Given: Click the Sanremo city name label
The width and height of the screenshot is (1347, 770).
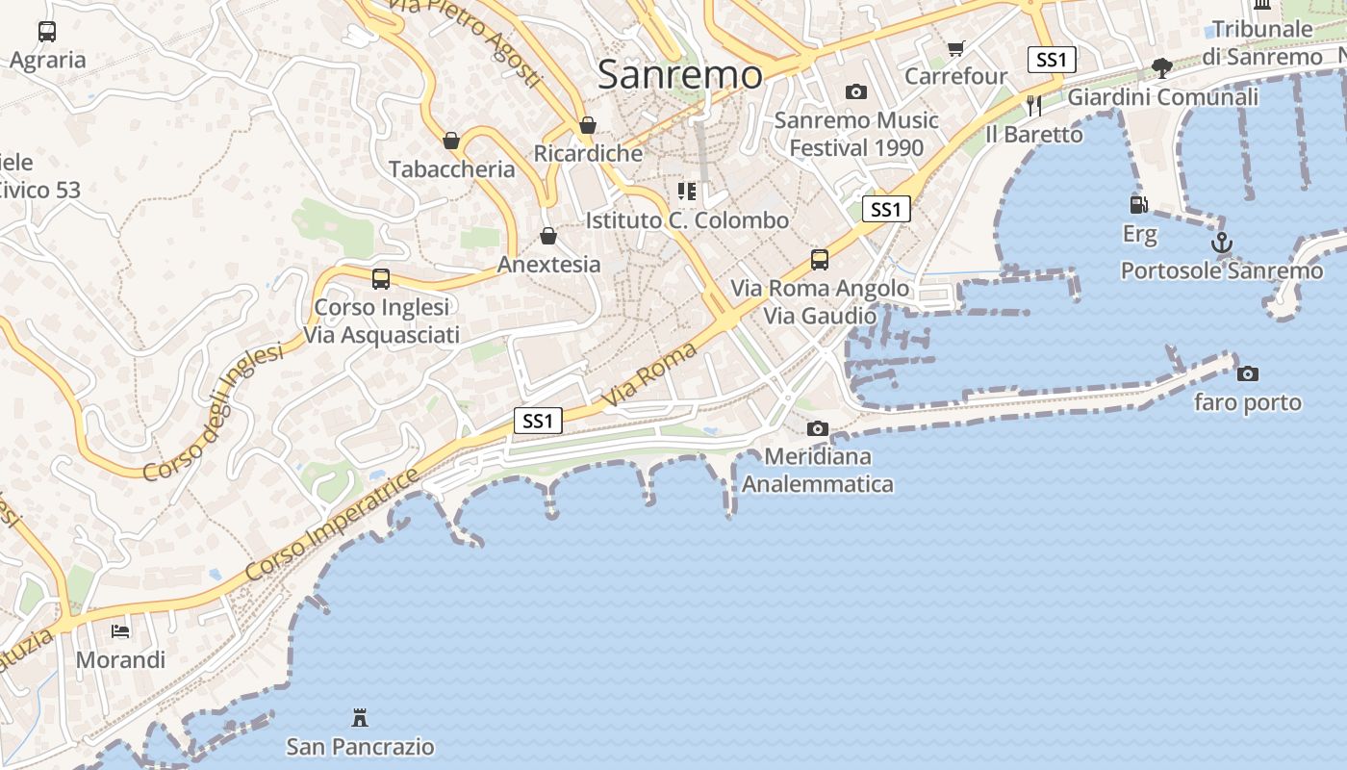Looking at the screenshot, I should [679, 74].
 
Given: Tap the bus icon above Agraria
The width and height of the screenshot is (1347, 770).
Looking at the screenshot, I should [47, 32].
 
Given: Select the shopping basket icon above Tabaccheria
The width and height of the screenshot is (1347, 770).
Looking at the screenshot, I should [451, 141].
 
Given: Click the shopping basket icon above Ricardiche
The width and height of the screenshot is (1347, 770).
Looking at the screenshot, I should [588, 125].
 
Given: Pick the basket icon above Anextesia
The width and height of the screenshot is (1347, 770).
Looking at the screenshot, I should [548, 236].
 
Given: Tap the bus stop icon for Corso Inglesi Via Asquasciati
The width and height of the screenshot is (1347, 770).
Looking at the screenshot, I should [381, 279].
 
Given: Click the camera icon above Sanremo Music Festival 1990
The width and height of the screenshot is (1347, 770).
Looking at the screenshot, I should [855, 92].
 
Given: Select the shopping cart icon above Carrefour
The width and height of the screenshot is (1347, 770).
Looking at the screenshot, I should [955, 48].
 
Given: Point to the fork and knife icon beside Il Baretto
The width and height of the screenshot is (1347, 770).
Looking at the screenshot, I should [1034, 106].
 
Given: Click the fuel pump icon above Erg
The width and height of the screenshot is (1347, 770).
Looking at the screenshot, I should [1139, 204].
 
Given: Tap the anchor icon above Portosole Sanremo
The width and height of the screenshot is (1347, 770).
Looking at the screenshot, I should [1221, 243].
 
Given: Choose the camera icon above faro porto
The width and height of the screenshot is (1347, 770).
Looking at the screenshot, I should [1247, 373].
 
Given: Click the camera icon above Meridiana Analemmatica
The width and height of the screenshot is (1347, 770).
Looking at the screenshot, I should [817, 428].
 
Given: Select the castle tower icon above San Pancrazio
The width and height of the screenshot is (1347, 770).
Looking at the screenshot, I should [360, 717].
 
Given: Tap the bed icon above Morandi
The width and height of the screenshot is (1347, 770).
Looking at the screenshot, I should [120, 631].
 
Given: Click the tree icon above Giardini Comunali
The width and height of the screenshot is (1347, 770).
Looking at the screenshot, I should [1162, 68].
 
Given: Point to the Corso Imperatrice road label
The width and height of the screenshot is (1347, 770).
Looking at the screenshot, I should [332, 524].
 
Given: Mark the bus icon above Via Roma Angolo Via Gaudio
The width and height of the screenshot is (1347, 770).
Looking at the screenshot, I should [819, 259].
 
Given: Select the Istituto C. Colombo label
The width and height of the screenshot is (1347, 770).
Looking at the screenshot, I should [687, 220].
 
